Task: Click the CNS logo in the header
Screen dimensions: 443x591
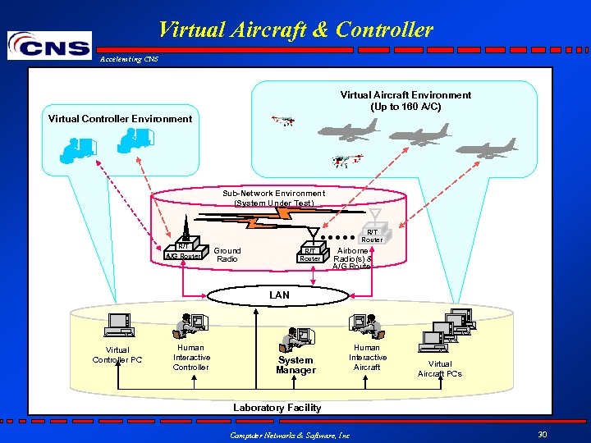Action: tap(49, 45)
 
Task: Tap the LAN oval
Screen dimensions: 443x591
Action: tap(279, 295)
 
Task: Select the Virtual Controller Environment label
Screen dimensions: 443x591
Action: tap(120, 118)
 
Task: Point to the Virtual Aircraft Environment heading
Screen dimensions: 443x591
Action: tap(405, 101)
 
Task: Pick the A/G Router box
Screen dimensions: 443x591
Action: tap(182, 255)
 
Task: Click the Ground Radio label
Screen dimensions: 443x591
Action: tap(227, 254)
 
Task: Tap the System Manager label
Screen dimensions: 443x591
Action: tap(295, 365)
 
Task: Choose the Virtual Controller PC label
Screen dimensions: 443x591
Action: tap(117, 354)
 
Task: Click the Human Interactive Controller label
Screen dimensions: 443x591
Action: tap(191, 357)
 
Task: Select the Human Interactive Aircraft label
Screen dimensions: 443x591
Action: tap(367, 357)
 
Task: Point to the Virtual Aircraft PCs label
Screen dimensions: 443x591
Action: tap(440, 368)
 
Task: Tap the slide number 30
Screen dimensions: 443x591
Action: tap(542, 434)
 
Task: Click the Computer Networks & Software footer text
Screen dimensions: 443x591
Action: tap(289, 435)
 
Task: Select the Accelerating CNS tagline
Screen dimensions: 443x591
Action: tap(129, 59)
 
